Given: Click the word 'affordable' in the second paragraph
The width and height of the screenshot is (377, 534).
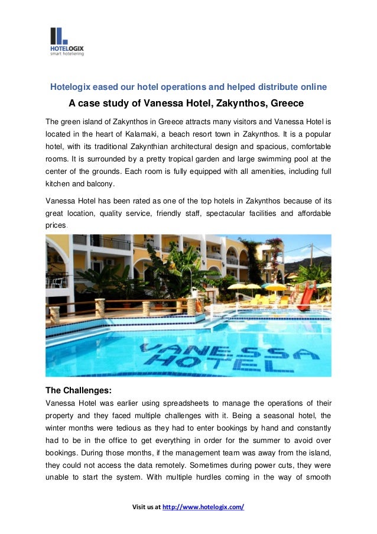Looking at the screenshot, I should click(307, 213).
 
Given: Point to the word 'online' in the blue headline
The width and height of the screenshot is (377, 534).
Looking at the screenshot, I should click(314, 87).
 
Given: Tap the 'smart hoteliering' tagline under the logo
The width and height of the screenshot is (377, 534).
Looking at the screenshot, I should click(67, 53).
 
